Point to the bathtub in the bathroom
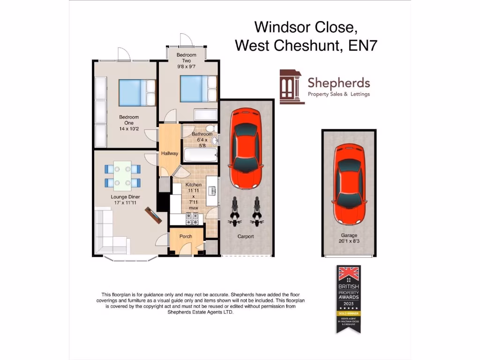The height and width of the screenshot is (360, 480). (x=199, y=155)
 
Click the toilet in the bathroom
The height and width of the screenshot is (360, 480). (x=210, y=129)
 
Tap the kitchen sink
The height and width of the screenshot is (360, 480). (x=212, y=190)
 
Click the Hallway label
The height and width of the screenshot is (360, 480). (x=169, y=153)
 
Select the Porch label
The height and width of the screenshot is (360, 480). (x=186, y=236)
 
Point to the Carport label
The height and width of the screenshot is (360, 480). (x=246, y=237)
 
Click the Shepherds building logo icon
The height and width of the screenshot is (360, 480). (x=292, y=87)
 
